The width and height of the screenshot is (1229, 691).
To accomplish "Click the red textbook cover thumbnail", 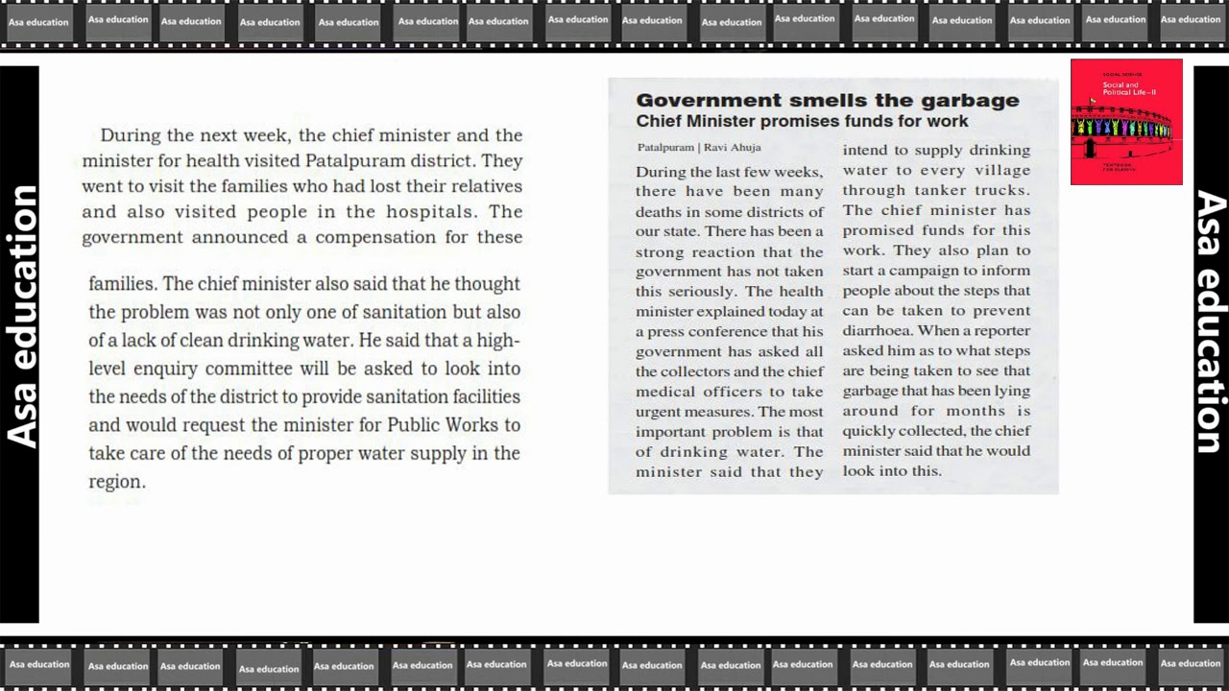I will click(1126, 122).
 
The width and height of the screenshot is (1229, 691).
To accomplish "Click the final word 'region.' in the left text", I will click(117, 482).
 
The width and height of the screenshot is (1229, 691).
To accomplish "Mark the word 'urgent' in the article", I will click(659, 412).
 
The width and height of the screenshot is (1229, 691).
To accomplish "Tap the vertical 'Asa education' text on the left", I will click(21, 317).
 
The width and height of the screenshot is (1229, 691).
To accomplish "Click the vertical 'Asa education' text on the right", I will click(1211, 322).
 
